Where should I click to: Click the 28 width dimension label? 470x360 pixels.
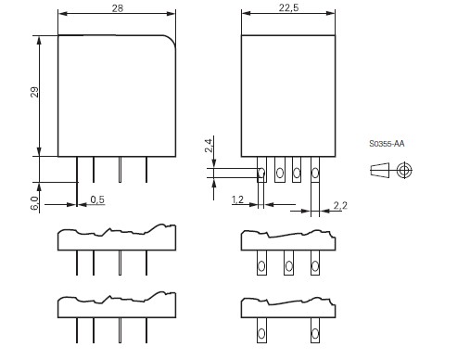(118, 8)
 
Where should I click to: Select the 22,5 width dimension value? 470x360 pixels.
(288, 7)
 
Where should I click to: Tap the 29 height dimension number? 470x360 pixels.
(34, 92)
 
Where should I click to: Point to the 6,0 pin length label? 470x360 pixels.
(34, 203)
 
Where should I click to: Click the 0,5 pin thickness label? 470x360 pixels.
(97, 199)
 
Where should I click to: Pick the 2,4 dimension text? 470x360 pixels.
(209, 146)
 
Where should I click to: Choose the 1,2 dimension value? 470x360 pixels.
(237, 199)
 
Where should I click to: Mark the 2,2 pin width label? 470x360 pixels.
(340, 205)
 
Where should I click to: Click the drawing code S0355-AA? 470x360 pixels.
(387, 144)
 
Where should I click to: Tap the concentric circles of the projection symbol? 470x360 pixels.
(405, 170)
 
